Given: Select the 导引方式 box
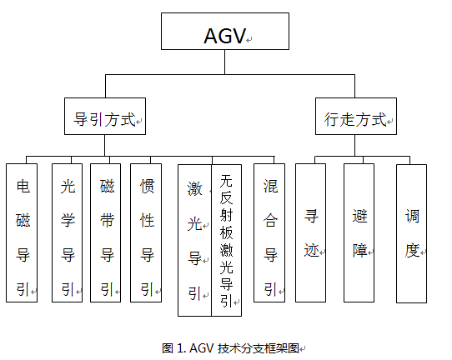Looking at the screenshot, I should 105,119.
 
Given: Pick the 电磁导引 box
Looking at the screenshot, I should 22,232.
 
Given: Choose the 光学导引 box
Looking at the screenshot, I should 68,232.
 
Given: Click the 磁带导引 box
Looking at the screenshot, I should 106,232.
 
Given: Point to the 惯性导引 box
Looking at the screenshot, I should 146,232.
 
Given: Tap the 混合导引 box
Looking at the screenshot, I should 269,232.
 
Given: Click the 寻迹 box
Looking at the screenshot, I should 310,232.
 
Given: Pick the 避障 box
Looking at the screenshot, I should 359,232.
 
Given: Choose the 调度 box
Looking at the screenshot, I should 411,232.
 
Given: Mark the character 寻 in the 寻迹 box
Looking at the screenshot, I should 310,213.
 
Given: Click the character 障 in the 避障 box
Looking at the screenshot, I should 359,247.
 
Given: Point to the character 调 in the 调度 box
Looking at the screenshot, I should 411,213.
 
